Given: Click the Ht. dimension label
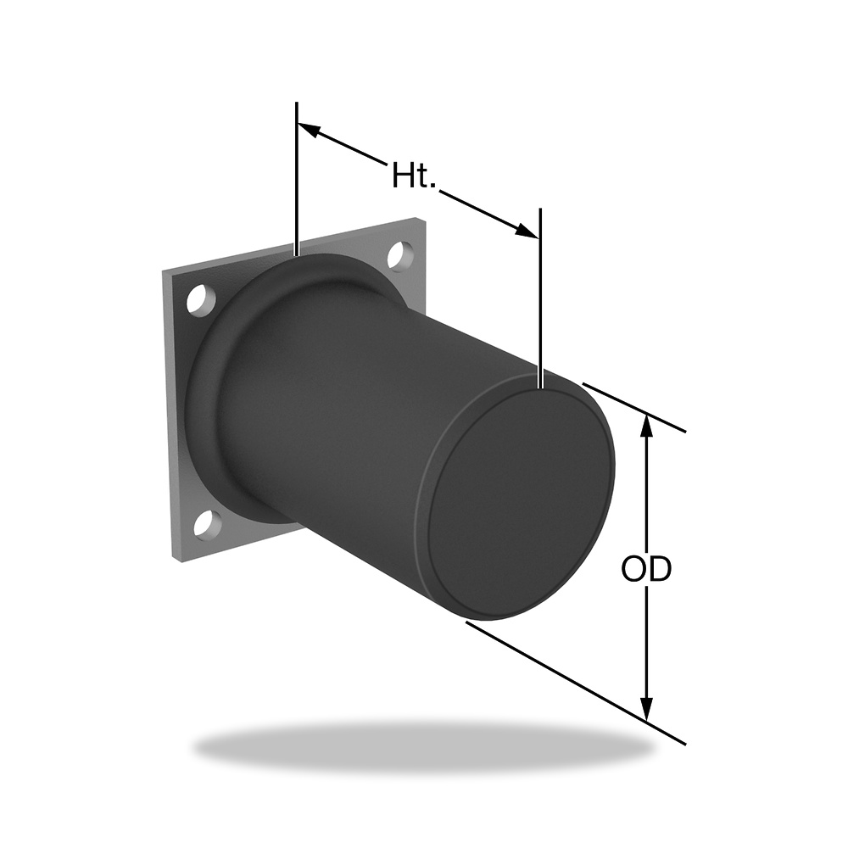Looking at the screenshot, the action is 414,175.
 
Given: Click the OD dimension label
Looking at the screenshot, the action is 646,568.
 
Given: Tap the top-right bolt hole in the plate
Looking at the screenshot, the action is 401,255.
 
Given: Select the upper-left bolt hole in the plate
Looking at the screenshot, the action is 201,300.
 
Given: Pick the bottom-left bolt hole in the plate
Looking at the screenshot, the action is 208,525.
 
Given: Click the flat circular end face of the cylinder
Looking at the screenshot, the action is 522,494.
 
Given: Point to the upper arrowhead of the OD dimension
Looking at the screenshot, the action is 646,428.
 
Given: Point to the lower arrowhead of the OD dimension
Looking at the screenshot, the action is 646,707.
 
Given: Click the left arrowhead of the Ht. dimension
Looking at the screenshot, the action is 312,131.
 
